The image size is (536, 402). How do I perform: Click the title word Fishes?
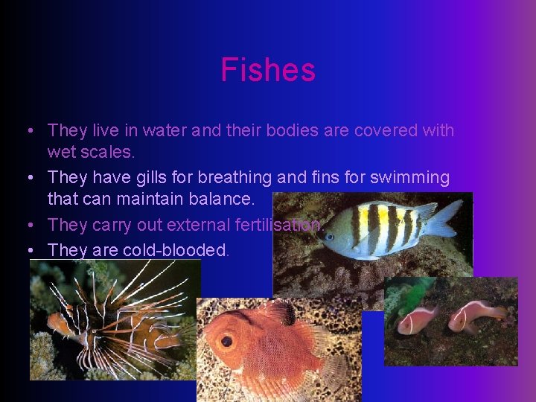[268, 71]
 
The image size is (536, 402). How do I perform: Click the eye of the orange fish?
[226, 342]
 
